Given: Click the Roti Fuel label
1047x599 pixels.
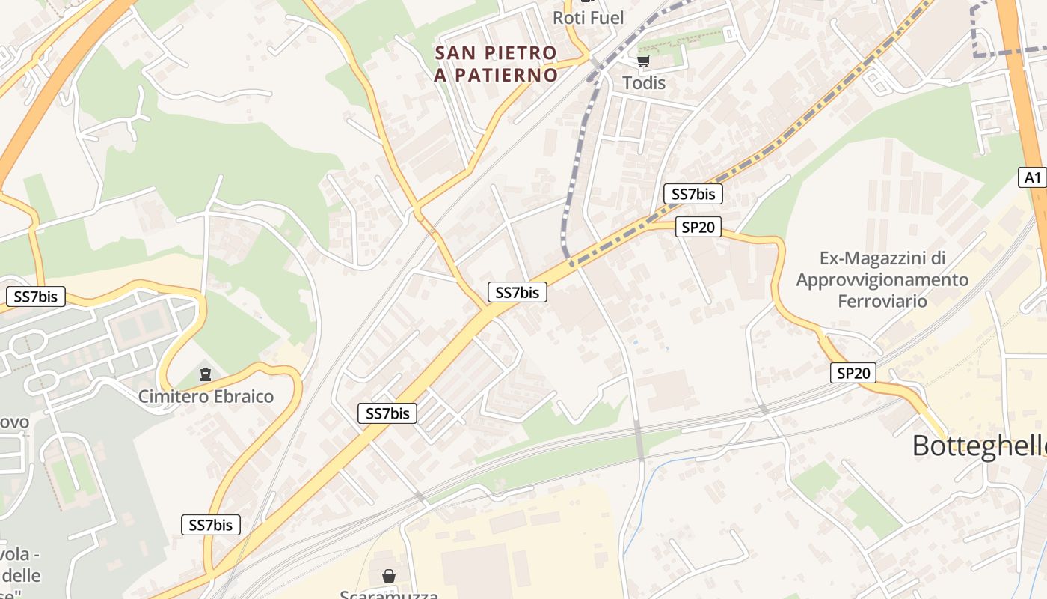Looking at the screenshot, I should [588, 17].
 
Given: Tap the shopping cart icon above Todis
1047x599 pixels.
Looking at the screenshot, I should [643, 61].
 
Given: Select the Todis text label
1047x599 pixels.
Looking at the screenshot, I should [644, 82].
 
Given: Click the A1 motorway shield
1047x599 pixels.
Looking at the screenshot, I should [1033, 177].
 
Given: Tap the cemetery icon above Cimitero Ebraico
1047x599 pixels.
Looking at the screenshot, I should [206, 374].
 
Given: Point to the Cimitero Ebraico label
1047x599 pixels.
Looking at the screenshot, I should [206, 396].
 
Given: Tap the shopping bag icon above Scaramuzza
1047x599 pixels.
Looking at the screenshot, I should [389, 575].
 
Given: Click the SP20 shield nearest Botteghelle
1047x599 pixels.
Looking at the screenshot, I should [853, 373].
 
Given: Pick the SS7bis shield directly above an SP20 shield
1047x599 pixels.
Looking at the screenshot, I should [693, 195].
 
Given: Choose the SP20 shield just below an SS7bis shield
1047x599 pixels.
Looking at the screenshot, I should [698, 227].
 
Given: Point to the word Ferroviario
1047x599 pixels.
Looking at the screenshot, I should [882, 301].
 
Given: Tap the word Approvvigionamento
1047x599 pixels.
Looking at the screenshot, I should [882, 279].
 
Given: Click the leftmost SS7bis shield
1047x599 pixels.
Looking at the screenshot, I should [35, 297].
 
